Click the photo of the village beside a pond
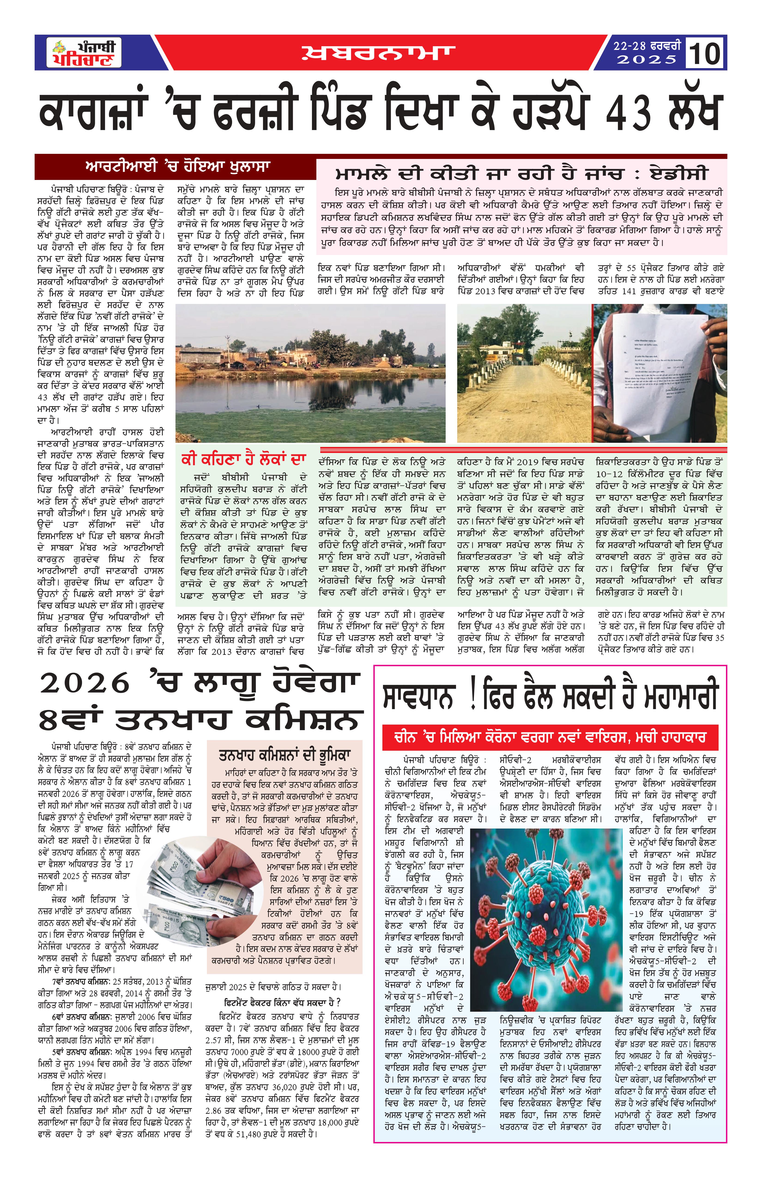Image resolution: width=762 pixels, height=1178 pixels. [311, 373]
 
